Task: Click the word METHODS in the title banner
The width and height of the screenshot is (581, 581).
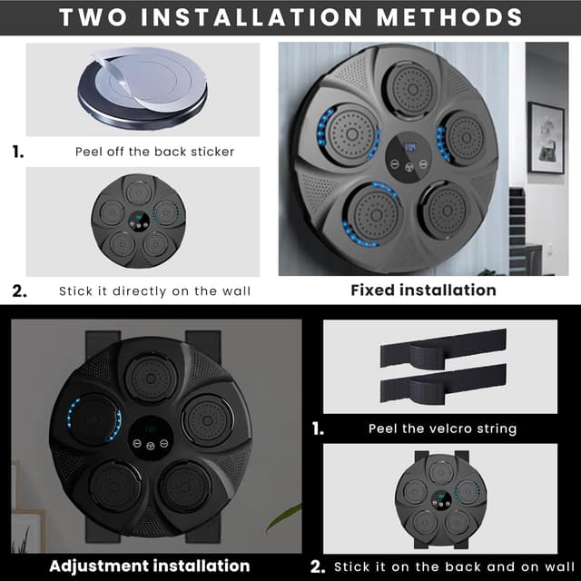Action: [x=449, y=17]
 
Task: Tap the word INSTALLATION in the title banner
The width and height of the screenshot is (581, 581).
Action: [x=251, y=17]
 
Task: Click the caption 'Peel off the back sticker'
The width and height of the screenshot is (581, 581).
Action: [x=154, y=152]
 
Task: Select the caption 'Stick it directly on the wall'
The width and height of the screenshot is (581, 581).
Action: [x=155, y=291]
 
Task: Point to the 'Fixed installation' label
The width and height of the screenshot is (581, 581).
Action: [x=424, y=290]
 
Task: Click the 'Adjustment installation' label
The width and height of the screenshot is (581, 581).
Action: [x=150, y=566]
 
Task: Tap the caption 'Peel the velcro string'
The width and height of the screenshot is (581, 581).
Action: [x=442, y=428]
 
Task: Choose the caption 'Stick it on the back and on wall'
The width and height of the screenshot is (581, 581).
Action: [x=454, y=566]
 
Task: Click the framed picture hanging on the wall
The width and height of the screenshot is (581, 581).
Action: [x=547, y=138]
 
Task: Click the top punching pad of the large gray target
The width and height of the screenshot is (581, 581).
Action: [x=412, y=89]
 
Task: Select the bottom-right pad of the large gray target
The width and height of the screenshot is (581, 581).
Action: [x=446, y=211]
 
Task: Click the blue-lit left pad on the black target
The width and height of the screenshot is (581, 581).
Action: [x=94, y=419]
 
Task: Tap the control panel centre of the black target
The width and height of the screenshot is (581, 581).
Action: [x=151, y=438]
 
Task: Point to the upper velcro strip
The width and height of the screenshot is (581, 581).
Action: [x=443, y=349]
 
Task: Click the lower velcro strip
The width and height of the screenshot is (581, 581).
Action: [x=443, y=384]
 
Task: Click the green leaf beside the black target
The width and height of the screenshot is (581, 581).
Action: [x=283, y=517]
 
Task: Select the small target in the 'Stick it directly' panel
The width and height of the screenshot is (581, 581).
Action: [x=139, y=221]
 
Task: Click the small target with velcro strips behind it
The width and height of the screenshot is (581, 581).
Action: [x=441, y=498]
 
